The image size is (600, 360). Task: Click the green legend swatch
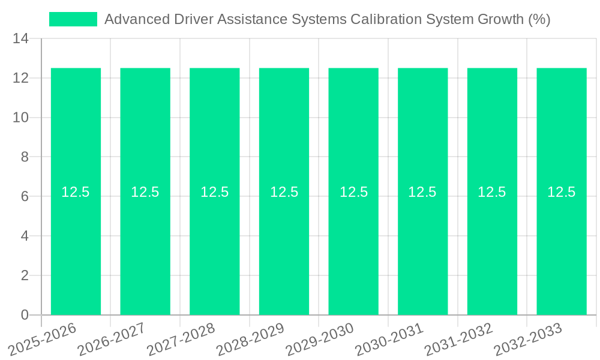pos(73,19)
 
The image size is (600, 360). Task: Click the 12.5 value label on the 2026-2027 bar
pos(145,192)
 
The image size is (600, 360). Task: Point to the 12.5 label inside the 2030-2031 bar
pos(422,192)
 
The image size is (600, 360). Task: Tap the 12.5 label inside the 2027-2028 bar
pos(215,192)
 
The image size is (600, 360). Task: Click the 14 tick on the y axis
pos(21,38)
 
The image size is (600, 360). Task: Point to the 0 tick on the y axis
pos(25,315)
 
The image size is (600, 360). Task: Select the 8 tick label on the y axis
pos(25,157)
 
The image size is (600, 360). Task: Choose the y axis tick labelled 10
pos(21,118)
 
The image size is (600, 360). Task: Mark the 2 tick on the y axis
pos(25,275)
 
